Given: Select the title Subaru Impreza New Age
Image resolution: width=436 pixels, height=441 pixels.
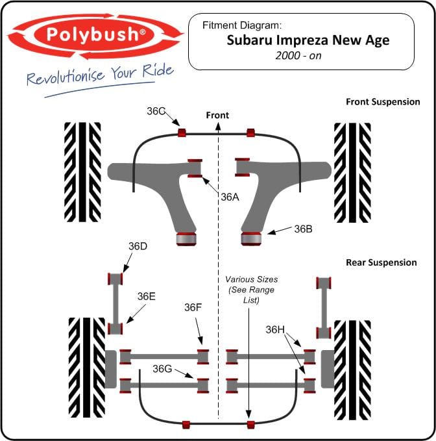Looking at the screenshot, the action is coord(308,40).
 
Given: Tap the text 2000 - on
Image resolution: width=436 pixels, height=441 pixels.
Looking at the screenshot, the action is coord(298,56).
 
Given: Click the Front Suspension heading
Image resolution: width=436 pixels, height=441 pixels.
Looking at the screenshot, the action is coord(383,101).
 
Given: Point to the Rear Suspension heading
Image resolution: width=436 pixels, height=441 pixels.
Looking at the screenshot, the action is coord(381,262).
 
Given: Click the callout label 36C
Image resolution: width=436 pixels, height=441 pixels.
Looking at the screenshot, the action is coord(156,111).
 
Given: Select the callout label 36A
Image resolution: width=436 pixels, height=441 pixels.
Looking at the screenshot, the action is coord(230,197).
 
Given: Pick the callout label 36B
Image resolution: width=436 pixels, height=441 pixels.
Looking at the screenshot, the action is coord(304,229).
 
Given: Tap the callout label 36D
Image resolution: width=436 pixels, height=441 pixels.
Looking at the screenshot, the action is coord(138,246).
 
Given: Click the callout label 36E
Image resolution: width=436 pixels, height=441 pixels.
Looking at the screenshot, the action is coord(147,296).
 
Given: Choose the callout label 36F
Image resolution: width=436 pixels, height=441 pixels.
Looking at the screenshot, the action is coord(193,307).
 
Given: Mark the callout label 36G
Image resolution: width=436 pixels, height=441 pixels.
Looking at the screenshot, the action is coord(162,369).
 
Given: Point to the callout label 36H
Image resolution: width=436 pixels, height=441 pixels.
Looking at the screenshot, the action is coord(275,330).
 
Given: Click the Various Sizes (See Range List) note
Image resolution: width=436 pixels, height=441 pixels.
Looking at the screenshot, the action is coord(252,290).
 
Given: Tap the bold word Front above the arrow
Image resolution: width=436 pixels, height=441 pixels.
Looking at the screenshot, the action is coord(217,115).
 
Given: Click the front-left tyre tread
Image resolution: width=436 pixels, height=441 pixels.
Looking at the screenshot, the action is coord(82,172).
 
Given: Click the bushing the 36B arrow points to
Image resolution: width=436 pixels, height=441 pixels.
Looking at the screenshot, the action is coord(251,238).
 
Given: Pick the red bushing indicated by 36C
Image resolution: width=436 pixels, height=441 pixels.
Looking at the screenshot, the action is coord(182,132).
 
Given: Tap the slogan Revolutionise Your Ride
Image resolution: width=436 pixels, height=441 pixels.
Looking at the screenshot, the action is coord(100,75).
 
